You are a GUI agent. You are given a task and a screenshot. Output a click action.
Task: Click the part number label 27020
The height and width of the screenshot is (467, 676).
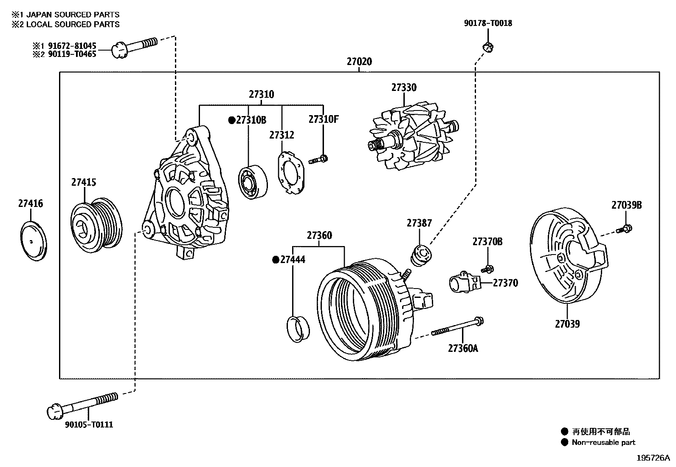click(x=359, y=62)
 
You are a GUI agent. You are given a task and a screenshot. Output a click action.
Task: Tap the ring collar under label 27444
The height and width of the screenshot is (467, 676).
click(x=299, y=328)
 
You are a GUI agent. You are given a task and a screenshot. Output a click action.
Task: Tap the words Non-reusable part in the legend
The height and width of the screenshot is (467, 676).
click(x=603, y=442)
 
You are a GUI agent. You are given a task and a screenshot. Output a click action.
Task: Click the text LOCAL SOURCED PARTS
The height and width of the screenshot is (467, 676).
click(x=73, y=24)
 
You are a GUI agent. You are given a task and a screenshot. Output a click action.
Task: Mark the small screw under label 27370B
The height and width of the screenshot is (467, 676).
click(x=487, y=269)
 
